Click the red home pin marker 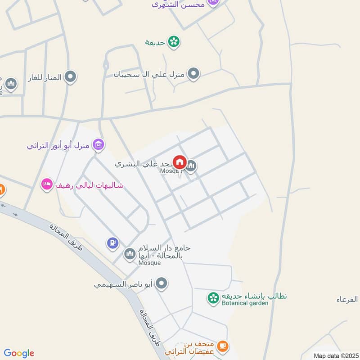180,162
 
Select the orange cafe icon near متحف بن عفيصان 222,346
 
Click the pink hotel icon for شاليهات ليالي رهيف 47,184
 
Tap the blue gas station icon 112,243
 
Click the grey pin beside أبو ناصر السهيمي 162,283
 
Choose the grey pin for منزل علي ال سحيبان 193,73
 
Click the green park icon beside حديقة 173,42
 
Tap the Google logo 19,353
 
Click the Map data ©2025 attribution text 335,355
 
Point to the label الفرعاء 347,299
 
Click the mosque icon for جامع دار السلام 130,254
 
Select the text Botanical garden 245,303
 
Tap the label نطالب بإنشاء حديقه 254,296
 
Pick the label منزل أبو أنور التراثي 58,145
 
